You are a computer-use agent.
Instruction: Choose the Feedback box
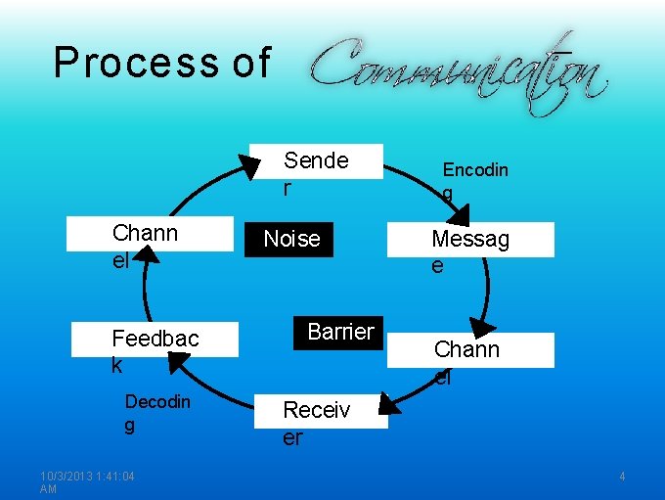(155, 340)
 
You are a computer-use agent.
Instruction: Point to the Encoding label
(475, 170)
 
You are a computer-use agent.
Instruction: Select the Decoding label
(157, 402)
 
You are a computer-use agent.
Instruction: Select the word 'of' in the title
(251, 63)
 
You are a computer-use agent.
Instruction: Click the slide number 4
(621, 477)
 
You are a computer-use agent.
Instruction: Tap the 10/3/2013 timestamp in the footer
(87, 477)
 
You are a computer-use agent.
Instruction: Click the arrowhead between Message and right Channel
(482, 328)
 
